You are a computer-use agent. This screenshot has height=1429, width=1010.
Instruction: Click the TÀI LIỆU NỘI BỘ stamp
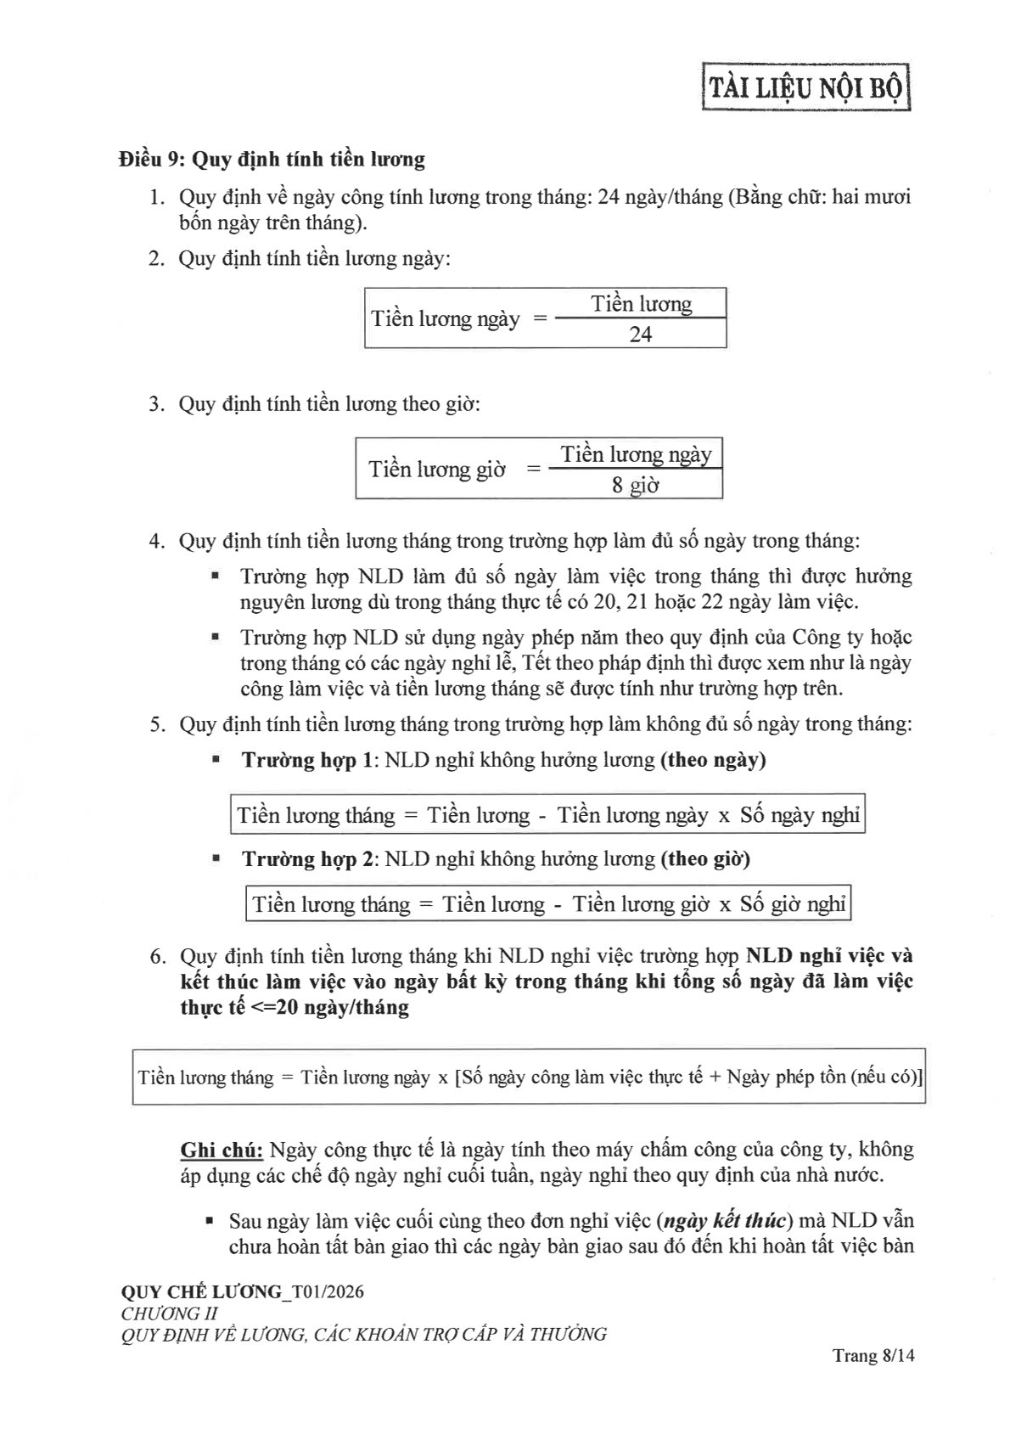coord(805,87)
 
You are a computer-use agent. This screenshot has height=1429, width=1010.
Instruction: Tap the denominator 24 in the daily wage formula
coord(640,335)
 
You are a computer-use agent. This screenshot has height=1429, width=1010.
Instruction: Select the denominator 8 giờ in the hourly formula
coord(636,486)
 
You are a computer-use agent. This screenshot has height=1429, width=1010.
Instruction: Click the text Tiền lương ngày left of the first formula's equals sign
coord(445,319)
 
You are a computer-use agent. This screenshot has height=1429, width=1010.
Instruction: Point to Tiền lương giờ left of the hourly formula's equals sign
coord(436,470)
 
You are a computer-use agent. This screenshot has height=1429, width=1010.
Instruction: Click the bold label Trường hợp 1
coord(307,760)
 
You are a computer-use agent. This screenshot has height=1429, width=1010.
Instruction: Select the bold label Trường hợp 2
coord(307,859)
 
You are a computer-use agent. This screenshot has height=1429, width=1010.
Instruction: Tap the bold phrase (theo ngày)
coord(713,760)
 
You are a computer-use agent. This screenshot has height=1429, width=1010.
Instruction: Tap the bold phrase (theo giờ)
coord(705,859)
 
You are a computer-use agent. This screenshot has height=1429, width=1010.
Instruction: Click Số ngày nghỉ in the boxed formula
coord(800,816)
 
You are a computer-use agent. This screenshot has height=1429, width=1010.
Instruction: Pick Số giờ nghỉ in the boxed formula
coord(792,905)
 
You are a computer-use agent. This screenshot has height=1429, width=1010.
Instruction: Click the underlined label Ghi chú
coord(222,1151)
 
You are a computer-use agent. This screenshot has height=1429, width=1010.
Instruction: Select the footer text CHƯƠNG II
coord(170,1314)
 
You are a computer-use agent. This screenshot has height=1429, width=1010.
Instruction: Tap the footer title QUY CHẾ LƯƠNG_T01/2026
coord(243,1292)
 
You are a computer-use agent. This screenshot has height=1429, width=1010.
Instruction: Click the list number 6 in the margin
coord(156,957)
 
